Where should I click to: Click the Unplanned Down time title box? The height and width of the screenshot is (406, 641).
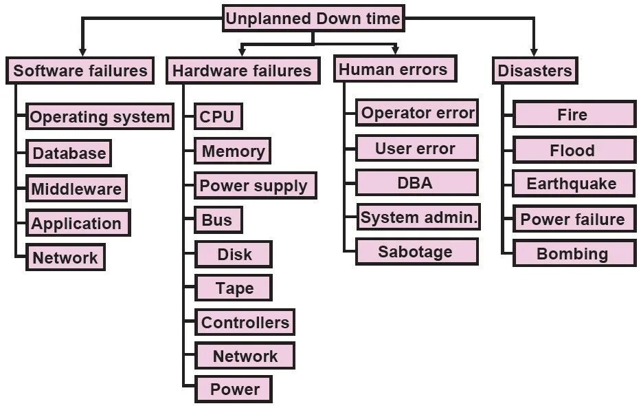click(x=313, y=19)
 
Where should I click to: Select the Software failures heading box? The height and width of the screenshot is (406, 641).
click(x=80, y=71)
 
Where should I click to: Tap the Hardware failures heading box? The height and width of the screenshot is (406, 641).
click(x=242, y=71)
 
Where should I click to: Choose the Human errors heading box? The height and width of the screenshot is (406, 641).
click(x=393, y=70)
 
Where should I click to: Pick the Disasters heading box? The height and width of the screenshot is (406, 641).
click(x=535, y=71)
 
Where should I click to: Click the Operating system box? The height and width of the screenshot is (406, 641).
click(x=100, y=117)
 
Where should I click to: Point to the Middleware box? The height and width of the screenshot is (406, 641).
click(x=76, y=189)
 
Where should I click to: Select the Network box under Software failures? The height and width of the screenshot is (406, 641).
click(x=65, y=258)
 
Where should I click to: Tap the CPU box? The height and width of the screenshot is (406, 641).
click(x=217, y=117)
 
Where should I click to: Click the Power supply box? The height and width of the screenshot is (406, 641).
click(x=254, y=186)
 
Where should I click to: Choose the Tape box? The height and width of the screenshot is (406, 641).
click(x=234, y=288)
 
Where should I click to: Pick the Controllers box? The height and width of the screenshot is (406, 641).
click(x=245, y=322)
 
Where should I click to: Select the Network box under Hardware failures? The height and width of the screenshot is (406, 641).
click(x=245, y=356)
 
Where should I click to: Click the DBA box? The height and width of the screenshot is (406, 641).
click(x=416, y=183)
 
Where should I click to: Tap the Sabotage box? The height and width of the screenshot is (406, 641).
click(x=416, y=252)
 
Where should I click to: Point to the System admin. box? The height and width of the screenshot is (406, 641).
click(x=418, y=218)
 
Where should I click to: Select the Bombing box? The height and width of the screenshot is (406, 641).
click(x=573, y=253)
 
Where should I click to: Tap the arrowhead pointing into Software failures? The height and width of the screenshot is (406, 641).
click(x=82, y=51)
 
